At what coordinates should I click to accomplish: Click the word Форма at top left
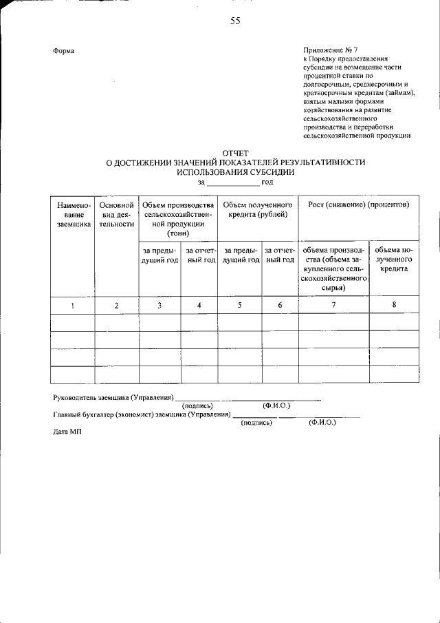(64, 52)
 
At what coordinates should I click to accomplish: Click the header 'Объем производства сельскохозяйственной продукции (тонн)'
(177, 219)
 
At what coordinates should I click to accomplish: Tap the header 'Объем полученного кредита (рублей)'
(258, 209)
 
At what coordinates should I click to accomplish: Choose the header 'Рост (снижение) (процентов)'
(359, 205)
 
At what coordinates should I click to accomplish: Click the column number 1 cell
(72, 305)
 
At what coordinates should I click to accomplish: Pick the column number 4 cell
(199, 305)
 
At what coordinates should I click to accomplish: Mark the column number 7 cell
(334, 305)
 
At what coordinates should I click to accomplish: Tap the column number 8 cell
(394, 305)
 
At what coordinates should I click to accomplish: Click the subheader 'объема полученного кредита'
(394, 259)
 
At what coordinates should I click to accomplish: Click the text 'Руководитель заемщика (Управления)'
(113, 397)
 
